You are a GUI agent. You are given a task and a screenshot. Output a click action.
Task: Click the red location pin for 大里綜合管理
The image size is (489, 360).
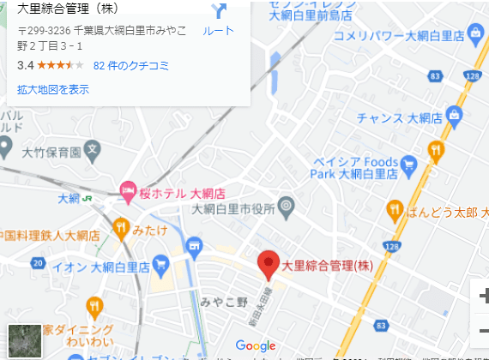coord(269,264)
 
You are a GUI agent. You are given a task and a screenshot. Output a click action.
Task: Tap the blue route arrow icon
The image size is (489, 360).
coord(218,11)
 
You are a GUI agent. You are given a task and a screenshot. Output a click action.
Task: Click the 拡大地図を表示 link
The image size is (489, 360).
coord(52,89)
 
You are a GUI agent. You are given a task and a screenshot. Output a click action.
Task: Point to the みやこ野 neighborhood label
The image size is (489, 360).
coord(224,301)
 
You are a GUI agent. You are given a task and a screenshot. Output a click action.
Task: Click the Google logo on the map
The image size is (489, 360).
coord(256,346)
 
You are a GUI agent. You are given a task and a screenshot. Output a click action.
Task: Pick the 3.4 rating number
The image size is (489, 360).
coord(25,65)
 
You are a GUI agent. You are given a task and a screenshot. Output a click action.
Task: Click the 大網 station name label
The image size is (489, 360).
coord(68,199)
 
